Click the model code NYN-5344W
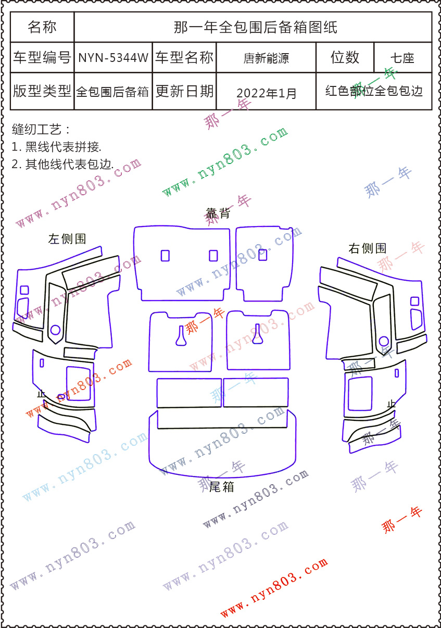click(x=113, y=58)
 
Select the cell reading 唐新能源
click(x=266, y=58)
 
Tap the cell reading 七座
click(x=402, y=58)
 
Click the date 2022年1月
click(x=266, y=93)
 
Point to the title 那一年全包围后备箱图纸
click(x=255, y=27)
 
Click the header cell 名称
click(x=42, y=27)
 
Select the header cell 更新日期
click(x=184, y=92)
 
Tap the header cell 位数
click(x=345, y=57)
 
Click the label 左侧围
click(x=67, y=239)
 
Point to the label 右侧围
click(x=367, y=248)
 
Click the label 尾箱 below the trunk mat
click(x=221, y=487)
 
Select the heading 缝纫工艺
click(x=40, y=129)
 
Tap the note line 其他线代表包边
click(x=62, y=165)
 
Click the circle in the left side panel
click(x=55, y=330)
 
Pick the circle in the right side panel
click(x=384, y=341)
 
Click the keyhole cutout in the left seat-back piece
click(x=181, y=335)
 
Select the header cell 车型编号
click(x=42, y=58)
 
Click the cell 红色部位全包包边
click(x=374, y=92)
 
